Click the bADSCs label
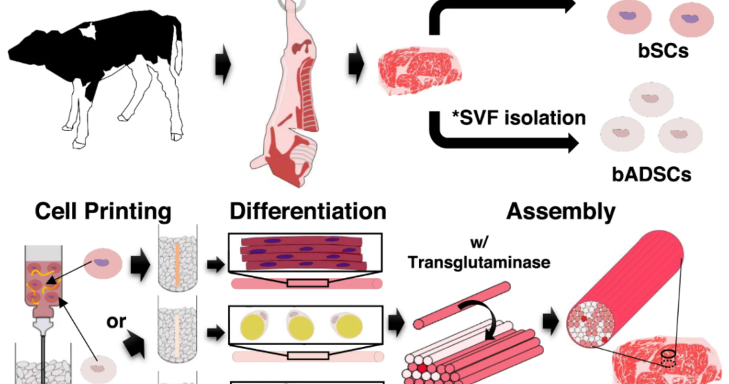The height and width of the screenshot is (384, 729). [653, 174]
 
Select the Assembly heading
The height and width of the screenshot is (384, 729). [561, 212]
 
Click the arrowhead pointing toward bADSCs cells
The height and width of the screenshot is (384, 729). [571, 142]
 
